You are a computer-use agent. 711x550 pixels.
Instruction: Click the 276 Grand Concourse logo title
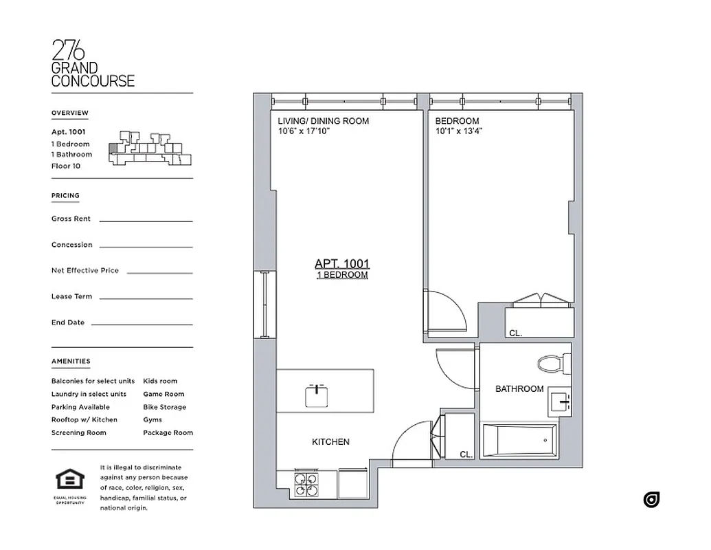click(93, 64)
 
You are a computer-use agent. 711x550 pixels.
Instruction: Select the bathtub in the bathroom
click(519, 441)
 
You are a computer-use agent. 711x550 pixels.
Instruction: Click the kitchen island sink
click(317, 395)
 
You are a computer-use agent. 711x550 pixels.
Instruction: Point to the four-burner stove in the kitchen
click(306, 484)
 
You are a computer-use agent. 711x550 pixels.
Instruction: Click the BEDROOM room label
click(457, 121)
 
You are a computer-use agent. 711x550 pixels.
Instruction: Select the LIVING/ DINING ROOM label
click(323, 121)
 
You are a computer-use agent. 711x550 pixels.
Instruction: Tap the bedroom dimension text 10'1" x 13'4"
click(459, 131)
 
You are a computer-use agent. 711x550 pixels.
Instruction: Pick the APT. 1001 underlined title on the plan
click(342, 263)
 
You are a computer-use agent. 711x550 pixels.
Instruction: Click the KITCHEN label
click(330, 442)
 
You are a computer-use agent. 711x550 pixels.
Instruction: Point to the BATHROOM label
click(519, 389)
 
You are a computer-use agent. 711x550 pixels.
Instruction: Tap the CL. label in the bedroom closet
click(515, 333)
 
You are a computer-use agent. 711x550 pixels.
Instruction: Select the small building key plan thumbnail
click(150, 148)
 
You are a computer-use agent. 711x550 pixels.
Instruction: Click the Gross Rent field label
click(71, 219)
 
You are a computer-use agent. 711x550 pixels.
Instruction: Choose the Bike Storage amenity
click(164, 407)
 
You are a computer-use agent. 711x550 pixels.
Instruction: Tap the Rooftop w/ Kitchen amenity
click(84, 419)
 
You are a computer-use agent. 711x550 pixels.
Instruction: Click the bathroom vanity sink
click(559, 403)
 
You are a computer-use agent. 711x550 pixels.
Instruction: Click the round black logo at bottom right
click(651, 500)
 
